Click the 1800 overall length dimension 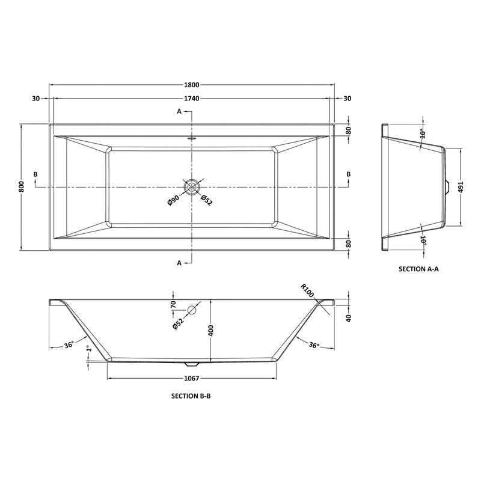(x=191, y=85)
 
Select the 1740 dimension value (x=191, y=98)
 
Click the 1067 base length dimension (x=191, y=379)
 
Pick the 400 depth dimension (x=211, y=330)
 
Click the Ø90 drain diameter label (x=173, y=201)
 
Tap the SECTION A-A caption (x=419, y=269)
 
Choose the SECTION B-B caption (x=191, y=396)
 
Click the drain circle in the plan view (x=192, y=187)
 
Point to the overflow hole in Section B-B (x=192, y=311)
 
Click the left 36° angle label (x=69, y=345)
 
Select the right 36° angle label (x=314, y=345)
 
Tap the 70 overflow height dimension (x=173, y=304)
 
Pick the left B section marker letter (x=35, y=174)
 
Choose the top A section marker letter (x=179, y=112)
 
